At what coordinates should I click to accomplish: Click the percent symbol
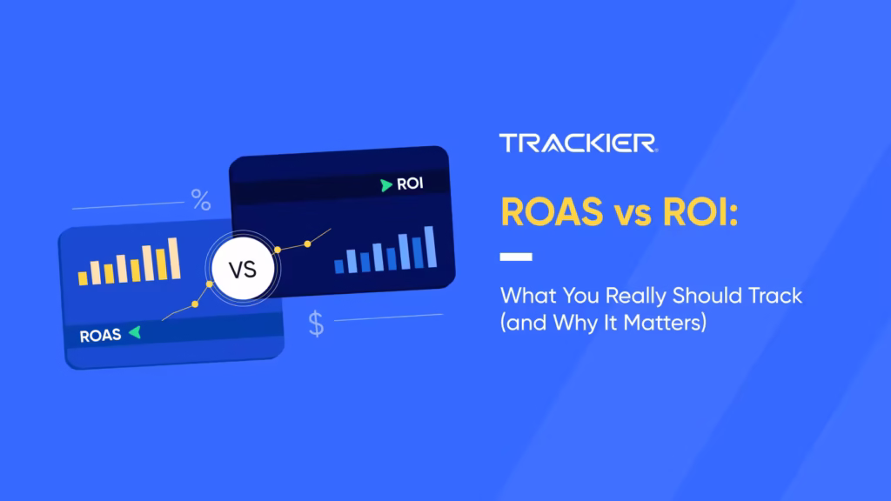[201, 203]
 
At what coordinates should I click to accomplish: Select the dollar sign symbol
[316, 324]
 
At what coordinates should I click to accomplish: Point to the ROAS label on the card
[100, 335]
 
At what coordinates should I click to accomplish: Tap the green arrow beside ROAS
[133, 333]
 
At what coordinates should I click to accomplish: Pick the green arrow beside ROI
[385, 184]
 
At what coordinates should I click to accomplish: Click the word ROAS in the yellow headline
[549, 212]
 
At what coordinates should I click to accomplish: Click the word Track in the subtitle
[772, 296]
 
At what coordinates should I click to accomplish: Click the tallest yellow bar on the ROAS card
[173, 258]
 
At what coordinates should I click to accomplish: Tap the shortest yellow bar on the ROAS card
[84, 277]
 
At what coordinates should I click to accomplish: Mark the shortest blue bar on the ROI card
[338, 265]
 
